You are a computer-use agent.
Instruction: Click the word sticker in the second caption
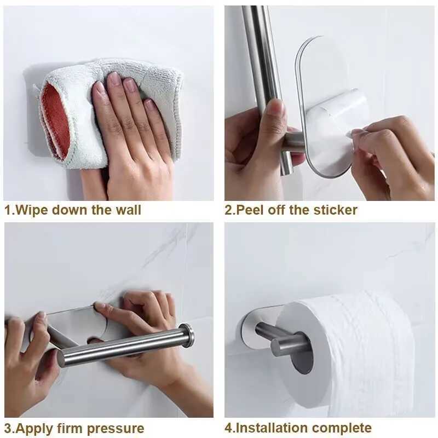(335, 210)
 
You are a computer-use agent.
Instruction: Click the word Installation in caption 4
(270, 428)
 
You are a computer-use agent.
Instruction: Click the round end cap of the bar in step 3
(188, 335)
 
